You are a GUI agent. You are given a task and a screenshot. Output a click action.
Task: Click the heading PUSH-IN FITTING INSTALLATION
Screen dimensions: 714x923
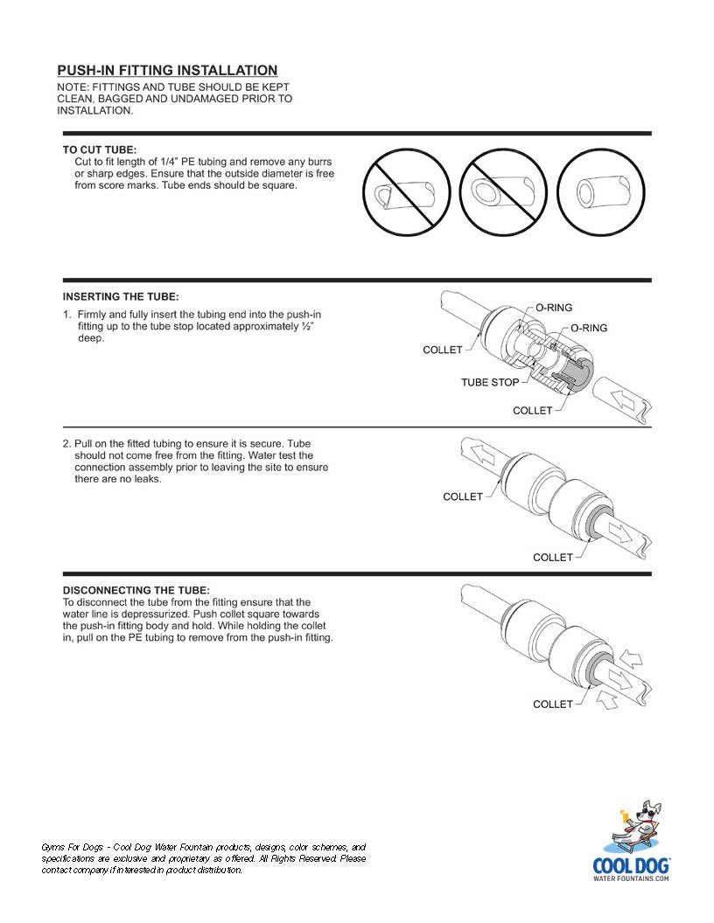[x=167, y=71]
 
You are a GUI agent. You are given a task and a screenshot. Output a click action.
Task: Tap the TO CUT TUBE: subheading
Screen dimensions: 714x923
[x=100, y=149]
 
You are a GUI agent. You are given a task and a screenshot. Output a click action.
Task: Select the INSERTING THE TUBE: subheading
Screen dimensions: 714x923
[x=121, y=296]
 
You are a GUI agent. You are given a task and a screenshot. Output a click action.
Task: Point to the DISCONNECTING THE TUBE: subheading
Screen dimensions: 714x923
[x=136, y=590]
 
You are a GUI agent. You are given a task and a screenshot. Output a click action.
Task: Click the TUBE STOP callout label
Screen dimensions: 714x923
[x=490, y=383]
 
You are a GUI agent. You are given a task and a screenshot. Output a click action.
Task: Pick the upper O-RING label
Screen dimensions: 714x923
[x=554, y=308]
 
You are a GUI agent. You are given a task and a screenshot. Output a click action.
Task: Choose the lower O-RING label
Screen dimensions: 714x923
[x=589, y=329]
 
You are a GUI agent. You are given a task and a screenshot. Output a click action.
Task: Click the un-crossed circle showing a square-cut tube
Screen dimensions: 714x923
[x=601, y=192]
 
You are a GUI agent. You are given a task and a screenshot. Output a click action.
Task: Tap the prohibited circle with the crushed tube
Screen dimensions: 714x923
[x=407, y=192]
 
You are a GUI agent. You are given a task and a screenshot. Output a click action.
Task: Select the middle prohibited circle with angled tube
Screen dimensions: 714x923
[x=504, y=192]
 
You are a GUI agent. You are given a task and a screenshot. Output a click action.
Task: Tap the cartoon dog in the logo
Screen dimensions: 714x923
[x=636, y=824]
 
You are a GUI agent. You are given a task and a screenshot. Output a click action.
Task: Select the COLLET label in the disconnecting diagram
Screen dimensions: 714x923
[x=553, y=704]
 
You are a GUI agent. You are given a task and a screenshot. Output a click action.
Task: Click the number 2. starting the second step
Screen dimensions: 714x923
[x=67, y=444]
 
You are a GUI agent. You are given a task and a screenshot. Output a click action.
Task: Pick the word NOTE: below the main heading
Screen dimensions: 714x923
[x=73, y=87]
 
